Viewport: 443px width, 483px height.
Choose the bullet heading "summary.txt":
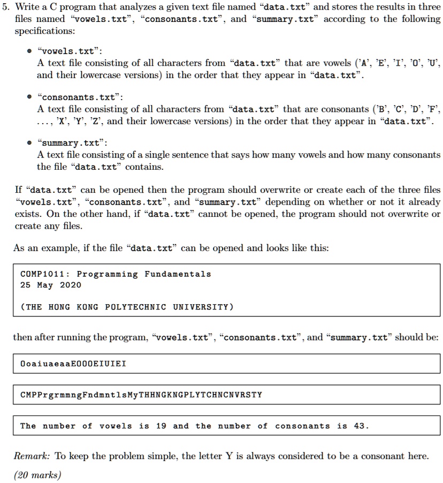72,143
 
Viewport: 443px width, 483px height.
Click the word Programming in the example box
108,274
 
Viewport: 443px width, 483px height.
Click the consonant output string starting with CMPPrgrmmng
141,395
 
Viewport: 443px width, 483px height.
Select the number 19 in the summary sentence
161,426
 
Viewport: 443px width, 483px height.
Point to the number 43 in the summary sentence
361,426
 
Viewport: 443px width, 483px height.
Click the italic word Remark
32,456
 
